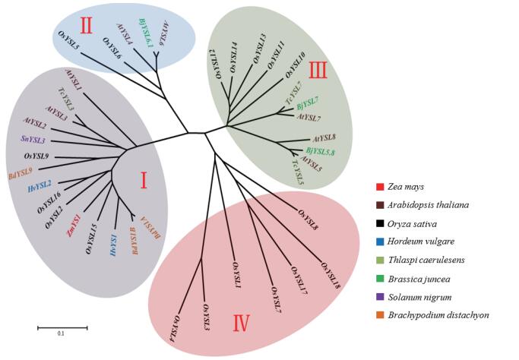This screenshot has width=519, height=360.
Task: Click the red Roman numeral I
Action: pyautogui.click(x=144, y=180)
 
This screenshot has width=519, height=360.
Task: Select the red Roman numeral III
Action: pyautogui.click(x=318, y=71)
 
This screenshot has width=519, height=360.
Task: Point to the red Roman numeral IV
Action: pyautogui.click(x=241, y=323)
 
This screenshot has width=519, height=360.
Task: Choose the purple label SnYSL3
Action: pyautogui.click(x=33, y=141)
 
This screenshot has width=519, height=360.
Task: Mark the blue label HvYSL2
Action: pyautogui.click(x=39, y=185)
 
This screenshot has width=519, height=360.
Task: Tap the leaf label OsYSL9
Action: pyautogui.click(x=36, y=156)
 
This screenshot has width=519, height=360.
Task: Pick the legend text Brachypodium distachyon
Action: pyautogui.click(x=441, y=314)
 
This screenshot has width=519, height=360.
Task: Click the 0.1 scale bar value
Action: pyautogui.click(x=62, y=333)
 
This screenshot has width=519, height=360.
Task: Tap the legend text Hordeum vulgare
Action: pyautogui.click(x=420, y=242)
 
